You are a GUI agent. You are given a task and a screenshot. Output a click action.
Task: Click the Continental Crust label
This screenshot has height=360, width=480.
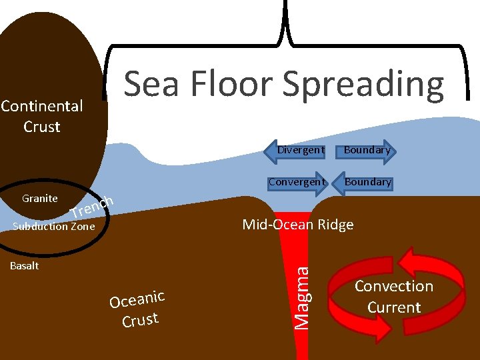[x=41, y=116]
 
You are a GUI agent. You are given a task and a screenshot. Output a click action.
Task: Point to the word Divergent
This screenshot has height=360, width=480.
[x=301, y=150]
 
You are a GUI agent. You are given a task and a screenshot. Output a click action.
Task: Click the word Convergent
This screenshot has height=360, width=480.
[x=297, y=181]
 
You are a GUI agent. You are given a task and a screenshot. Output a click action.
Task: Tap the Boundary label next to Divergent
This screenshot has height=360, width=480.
[x=367, y=150]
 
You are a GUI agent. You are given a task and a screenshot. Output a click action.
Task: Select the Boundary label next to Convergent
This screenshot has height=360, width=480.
[x=368, y=181]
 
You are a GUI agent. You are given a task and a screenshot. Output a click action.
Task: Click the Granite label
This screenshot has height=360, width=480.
[x=39, y=198]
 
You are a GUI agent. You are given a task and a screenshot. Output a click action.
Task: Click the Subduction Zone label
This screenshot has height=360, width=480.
[x=54, y=227]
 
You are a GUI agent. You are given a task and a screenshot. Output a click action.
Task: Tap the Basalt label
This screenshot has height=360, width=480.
[x=24, y=266]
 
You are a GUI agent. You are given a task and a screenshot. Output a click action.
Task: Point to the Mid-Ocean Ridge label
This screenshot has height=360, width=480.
[x=297, y=224]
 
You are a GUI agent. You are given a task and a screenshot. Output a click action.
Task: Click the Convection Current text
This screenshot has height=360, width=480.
[x=394, y=297]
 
